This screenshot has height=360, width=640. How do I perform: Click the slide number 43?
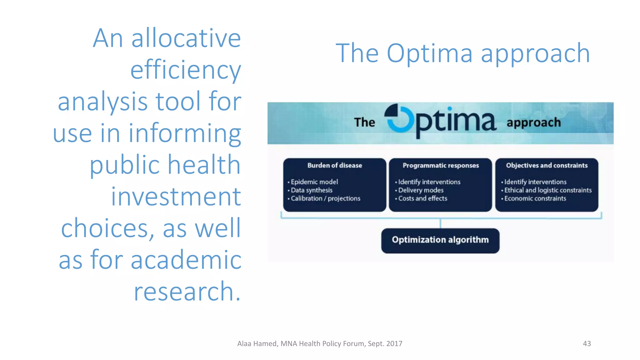(x=587, y=343)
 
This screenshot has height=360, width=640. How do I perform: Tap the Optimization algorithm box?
(x=440, y=240)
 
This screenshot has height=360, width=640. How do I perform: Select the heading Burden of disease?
(x=334, y=165)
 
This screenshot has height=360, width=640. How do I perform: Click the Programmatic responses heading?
(x=440, y=165)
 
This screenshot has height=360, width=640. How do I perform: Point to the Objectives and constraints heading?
(x=547, y=165)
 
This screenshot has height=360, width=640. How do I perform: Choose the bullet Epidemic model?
(x=314, y=182)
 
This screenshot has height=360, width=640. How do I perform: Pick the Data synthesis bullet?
(x=311, y=190)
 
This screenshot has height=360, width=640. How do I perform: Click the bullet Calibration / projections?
(x=325, y=198)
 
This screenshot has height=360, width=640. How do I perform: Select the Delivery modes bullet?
(x=421, y=190)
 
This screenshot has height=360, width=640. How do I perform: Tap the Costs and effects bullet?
(x=422, y=198)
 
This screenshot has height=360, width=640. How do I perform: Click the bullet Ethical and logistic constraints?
(x=548, y=190)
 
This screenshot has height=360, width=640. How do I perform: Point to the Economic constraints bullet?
(x=535, y=198)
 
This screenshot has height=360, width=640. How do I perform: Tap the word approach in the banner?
(x=533, y=122)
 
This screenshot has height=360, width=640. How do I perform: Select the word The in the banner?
(x=364, y=122)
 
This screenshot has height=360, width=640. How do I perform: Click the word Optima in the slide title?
(x=429, y=53)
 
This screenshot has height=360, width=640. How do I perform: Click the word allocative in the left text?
(x=186, y=38)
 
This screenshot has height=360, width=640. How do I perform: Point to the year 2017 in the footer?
(x=394, y=344)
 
